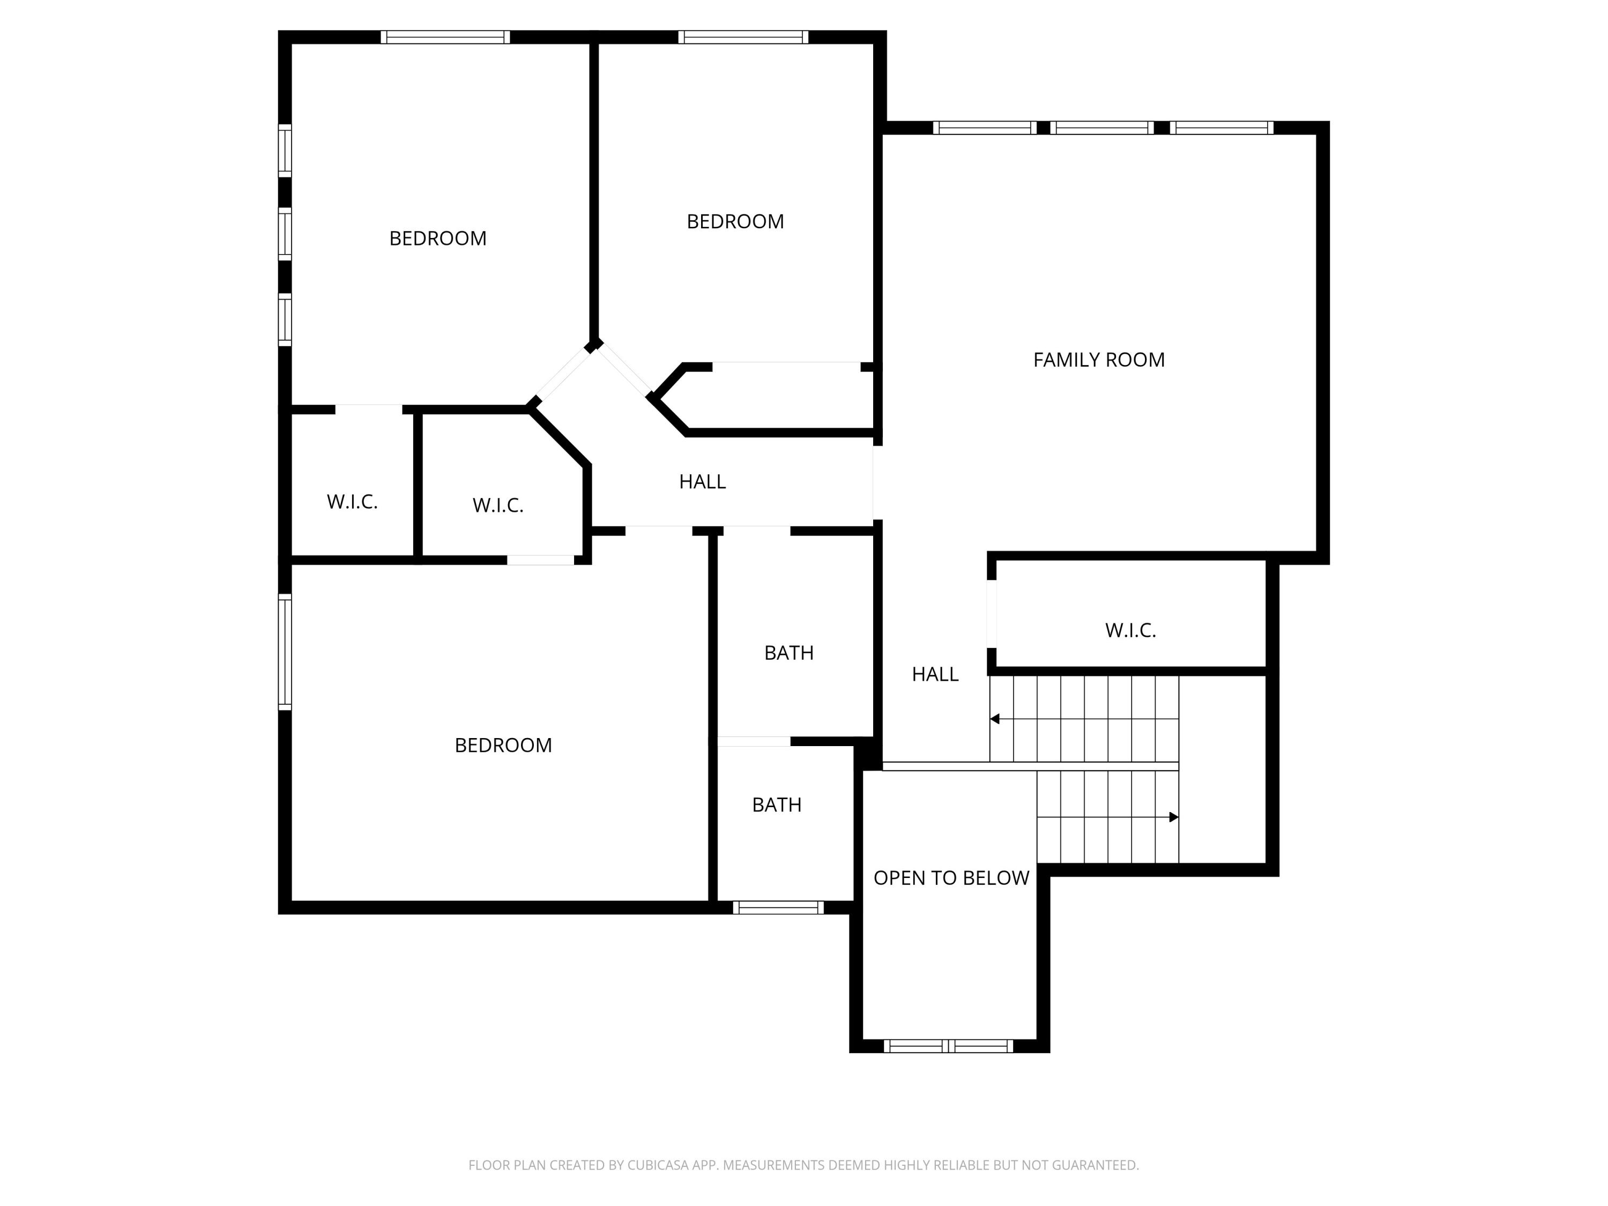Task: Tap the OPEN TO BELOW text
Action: click(951, 878)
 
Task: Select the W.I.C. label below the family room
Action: click(1130, 630)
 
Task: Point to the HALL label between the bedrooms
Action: click(702, 482)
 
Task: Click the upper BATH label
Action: click(789, 653)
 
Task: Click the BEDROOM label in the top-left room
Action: click(437, 239)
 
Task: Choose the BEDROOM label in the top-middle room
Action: click(735, 222)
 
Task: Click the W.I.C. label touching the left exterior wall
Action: click(352, 502)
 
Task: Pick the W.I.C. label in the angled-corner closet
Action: click(498, 506)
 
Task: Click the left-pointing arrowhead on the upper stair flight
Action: click(994, 719)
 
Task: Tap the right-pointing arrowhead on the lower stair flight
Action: click(1173, 817)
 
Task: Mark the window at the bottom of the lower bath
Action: click(778, 907)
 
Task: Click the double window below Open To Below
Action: click(948, 1046)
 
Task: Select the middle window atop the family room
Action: click(1102, 128)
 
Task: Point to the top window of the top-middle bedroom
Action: click(743, 37)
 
